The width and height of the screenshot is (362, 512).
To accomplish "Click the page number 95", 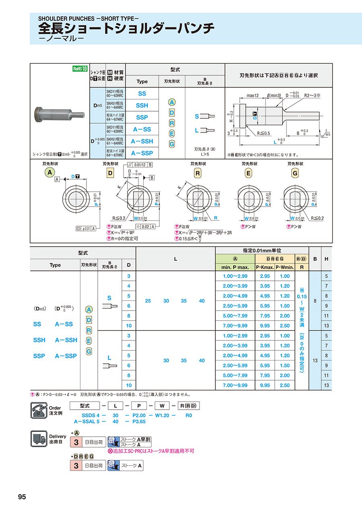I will click(x=22, y=497).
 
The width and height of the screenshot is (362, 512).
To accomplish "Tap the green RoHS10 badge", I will click(x=80, y=68).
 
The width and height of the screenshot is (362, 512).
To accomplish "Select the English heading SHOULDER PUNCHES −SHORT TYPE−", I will click(x=88, y=19).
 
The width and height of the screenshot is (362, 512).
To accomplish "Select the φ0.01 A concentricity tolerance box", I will click(x=86, y=229).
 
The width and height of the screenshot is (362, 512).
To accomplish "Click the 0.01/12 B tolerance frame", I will click(x=140, y=165).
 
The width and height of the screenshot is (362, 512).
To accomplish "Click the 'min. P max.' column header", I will click(x=235, y=267).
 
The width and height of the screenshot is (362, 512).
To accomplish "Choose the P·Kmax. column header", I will click(x=265, y=267).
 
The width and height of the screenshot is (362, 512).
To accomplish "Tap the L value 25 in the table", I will click(x=148, y=301).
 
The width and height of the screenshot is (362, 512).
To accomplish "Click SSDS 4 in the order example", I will click(x=85, y=415).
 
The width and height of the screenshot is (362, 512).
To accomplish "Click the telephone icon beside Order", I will click(x=39, y=411).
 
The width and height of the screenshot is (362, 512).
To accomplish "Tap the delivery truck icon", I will click(x=39, y=439).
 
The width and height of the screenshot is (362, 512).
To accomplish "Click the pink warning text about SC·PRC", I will click(x=151, y=451).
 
